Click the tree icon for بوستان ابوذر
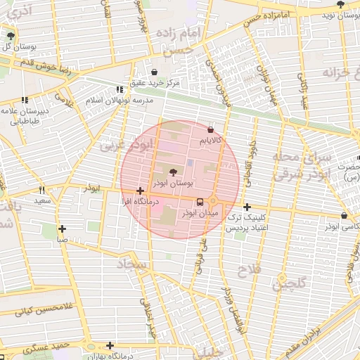tap(174, 171)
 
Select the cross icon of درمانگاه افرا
tap(141, 191)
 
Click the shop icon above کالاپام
tap(211, 129)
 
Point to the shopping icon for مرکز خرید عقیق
tap(155, 72)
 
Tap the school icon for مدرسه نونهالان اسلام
tap(119, 89)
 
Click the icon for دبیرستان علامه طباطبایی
tap(26, 101)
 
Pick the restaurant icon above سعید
tap(42, 190)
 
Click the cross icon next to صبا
tap(63, 229)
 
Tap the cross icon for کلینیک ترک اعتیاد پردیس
tap(247, 207)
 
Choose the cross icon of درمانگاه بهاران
tap(109, 345)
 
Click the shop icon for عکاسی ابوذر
tap(344, 216)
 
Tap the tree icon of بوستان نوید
tap(341, 4)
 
